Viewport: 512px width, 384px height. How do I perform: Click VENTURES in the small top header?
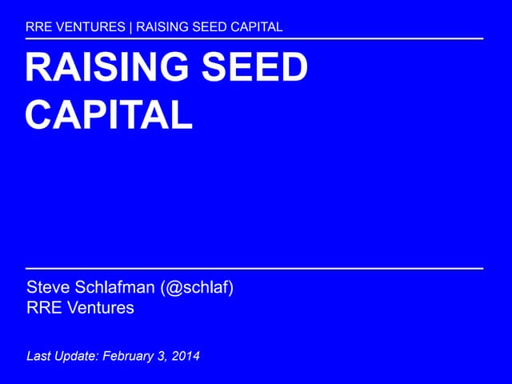90,26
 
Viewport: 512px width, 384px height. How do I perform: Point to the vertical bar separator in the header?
131,26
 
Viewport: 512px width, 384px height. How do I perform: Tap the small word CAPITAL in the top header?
257,26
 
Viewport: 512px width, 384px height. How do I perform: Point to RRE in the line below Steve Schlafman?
42,307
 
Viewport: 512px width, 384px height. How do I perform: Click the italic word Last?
39,355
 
